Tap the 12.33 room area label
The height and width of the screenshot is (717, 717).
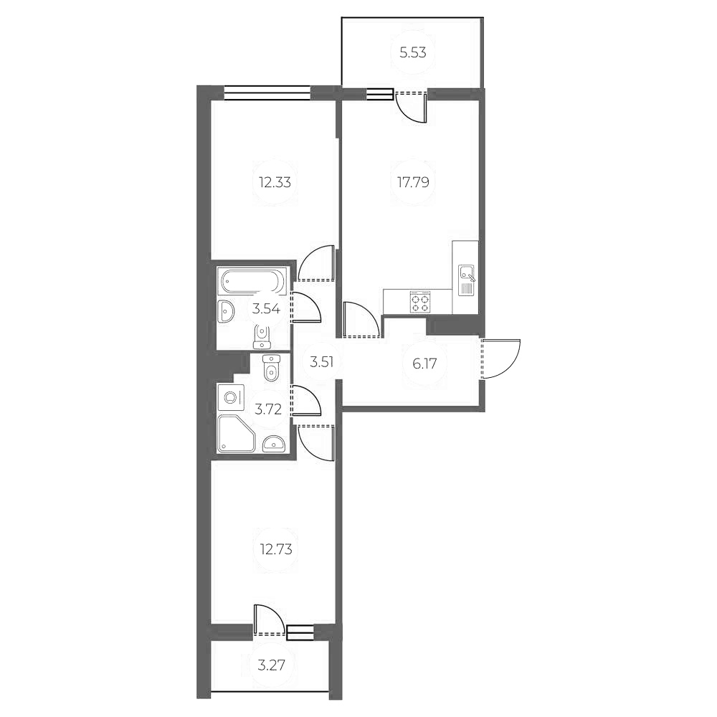tap(275, 182)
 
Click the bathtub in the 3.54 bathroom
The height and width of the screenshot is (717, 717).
tap(253, 280)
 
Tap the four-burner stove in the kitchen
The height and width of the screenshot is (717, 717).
tap(420, 302)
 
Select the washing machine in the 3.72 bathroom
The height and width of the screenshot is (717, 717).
tap(231, 396)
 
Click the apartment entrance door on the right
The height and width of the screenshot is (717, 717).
tap(500, 358)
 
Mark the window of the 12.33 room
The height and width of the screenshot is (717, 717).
tap(267, 91)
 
